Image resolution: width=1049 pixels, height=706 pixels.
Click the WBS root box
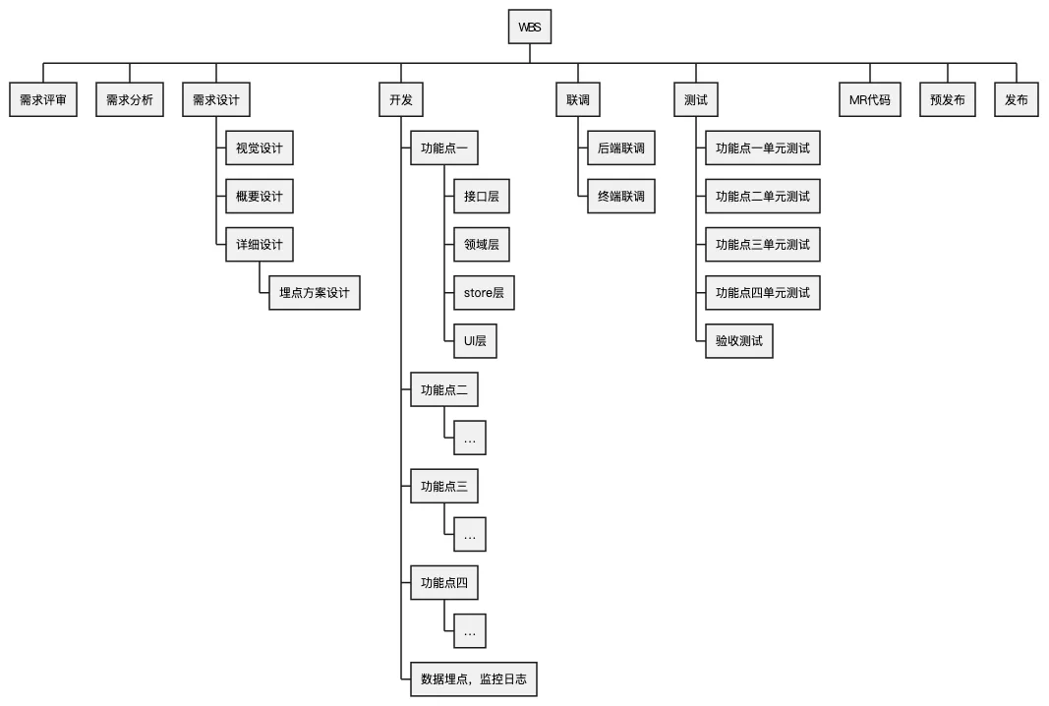click(x=529, y=28)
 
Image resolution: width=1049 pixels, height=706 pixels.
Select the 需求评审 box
click(x=42, y=100)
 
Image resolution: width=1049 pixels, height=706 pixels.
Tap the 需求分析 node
click(x=130, y=100)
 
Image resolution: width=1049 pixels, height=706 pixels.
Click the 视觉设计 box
click(x=259, y=148)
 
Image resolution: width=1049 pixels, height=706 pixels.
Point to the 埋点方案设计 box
click(x=314, y=293)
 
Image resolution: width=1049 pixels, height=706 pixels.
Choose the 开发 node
click(x=401, y=100)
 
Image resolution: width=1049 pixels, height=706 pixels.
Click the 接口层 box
click(x=482, y=197)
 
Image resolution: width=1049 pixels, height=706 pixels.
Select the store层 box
click(x=484, y=293)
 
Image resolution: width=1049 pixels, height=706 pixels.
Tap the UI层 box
click(x=475, y=341)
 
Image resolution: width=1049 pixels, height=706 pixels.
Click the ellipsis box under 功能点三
click(x=470, y=535)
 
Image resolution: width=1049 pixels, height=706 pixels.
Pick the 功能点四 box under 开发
click(x=444, y=583)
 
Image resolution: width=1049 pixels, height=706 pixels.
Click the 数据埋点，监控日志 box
click(x=474, y=679)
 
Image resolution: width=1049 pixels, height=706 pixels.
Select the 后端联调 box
click(x=620, y=148)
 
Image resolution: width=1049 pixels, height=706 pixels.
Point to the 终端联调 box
click(x=620, y=197)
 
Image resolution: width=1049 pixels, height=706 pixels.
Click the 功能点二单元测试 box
click(x=762, y=197)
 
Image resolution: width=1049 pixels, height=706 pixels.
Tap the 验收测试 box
click(x=738, y=341)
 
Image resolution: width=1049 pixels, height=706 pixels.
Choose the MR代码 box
click(x=870, y=100)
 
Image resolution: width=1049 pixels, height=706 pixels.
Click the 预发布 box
click(x=948, y=100)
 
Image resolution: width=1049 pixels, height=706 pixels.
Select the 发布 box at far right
click(x=1017, y=100)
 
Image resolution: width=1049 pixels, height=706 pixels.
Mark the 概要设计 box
click(x=259, y=197)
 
